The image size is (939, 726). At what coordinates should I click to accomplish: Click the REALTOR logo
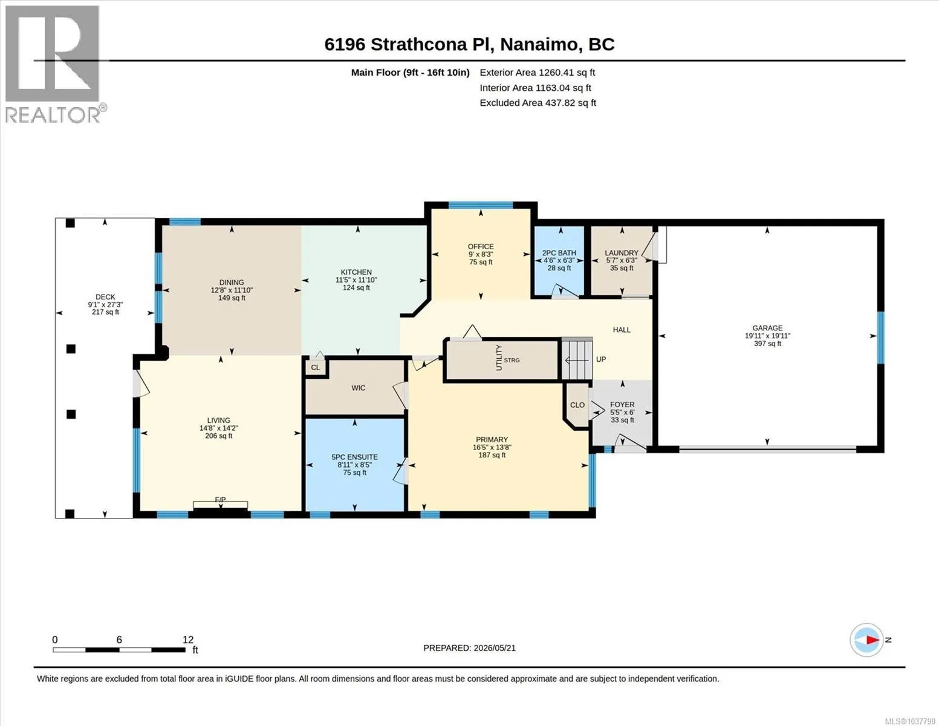click(54, 64)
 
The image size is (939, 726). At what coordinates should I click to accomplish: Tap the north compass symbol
click(867, 640)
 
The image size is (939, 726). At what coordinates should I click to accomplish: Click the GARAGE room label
click(767, 328)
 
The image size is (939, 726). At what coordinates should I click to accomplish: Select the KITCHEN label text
click(356, 272)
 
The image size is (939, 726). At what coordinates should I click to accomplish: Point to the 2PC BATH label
click(559, 253)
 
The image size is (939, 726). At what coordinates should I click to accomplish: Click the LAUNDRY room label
click(622, 253)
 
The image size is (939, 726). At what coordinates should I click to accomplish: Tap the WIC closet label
click(358, 388)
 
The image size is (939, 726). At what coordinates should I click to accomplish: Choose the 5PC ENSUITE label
click(354, 457)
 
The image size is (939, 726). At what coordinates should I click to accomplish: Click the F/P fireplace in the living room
click(220, 505)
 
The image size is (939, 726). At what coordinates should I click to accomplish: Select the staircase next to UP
click(576, 360)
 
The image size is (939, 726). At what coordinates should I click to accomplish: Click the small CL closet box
click(316, 368)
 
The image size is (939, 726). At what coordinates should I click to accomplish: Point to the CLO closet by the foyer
click(577, 405)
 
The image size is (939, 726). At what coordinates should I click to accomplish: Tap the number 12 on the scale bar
click(188, 639)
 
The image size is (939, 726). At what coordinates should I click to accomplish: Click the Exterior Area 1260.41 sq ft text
click(537, 73)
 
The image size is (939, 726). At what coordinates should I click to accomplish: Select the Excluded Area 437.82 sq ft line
click(538, 103)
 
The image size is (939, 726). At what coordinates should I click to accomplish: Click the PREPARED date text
click(469, 648)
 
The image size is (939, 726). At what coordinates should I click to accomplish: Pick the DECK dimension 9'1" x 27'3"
click(105, 304)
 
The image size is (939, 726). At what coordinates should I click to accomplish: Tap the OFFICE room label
click(481, 246)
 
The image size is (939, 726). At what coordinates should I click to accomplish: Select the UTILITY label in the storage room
click(499, 358)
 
